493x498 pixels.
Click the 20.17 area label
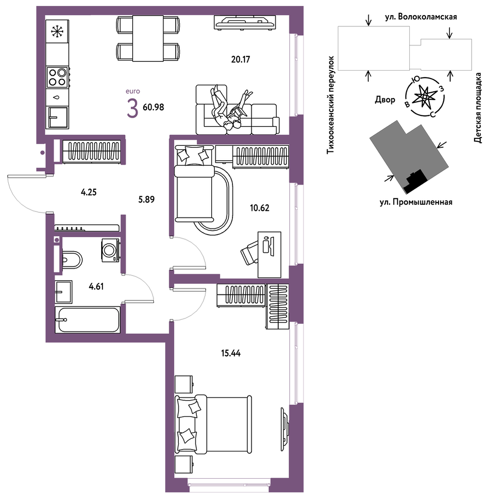(241, 60)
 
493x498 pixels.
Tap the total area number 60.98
(153, 108)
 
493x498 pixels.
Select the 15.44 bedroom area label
(231, 353)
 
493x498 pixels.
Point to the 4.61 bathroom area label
(96, 287)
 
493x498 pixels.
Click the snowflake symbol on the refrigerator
(58, 31)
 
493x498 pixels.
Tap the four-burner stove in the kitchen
(58, 77)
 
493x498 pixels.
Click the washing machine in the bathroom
(110, 250)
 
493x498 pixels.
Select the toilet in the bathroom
(72, 260)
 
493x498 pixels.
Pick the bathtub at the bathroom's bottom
(87, 319)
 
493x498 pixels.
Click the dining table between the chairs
(148, 38)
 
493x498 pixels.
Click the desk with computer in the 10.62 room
(269, 254)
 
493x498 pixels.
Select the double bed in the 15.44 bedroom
(213, 424)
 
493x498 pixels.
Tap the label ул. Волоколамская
(421, 17)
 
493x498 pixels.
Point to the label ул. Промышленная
(416, 202)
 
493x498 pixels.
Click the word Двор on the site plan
(385, 100)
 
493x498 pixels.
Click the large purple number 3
(133, 108)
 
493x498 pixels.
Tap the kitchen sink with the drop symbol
(58, 97)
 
